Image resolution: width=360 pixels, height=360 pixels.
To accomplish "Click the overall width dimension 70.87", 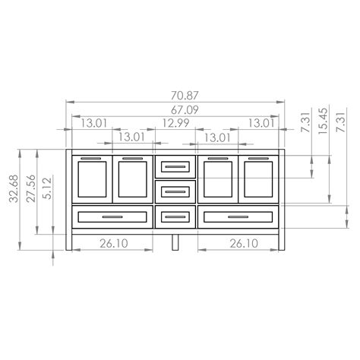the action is pos(185,96).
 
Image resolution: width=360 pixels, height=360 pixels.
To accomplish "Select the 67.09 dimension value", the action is pos(185,110).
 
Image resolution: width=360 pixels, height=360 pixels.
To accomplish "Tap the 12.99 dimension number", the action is pos(175,123).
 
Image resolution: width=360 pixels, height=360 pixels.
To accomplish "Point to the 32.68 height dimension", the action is pos(14,188).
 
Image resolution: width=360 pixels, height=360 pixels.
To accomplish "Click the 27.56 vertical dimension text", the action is pos(31,188).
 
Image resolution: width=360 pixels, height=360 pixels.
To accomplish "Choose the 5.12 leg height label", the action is pos(47,188).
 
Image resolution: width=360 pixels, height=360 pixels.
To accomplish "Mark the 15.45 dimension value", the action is pos(324,121).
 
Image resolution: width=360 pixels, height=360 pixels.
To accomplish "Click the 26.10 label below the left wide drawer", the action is pos(114,244).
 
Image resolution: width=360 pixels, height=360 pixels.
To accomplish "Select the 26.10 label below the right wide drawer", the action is pos(244,244).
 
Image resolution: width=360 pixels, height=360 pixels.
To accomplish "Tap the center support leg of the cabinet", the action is pos(175,242).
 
